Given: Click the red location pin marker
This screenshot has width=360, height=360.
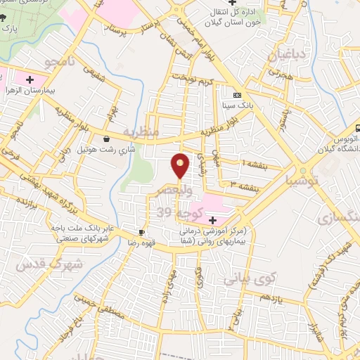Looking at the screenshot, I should (181, 165).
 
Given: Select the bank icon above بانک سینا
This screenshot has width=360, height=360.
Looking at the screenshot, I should (237, 96).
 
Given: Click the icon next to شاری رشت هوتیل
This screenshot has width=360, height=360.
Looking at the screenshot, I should (106, 139).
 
